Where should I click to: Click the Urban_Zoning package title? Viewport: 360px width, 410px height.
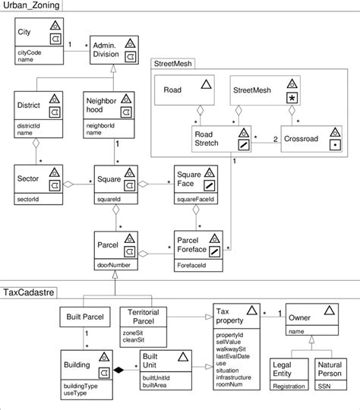pos(32,7)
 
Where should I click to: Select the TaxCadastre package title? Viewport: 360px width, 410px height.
pos(30,291)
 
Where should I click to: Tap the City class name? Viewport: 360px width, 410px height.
pos(25,32)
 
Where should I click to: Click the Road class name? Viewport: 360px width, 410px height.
pos(173,90)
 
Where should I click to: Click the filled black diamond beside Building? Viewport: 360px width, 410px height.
pos(118,370)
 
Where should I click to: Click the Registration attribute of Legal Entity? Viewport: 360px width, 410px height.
pos(289,386)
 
